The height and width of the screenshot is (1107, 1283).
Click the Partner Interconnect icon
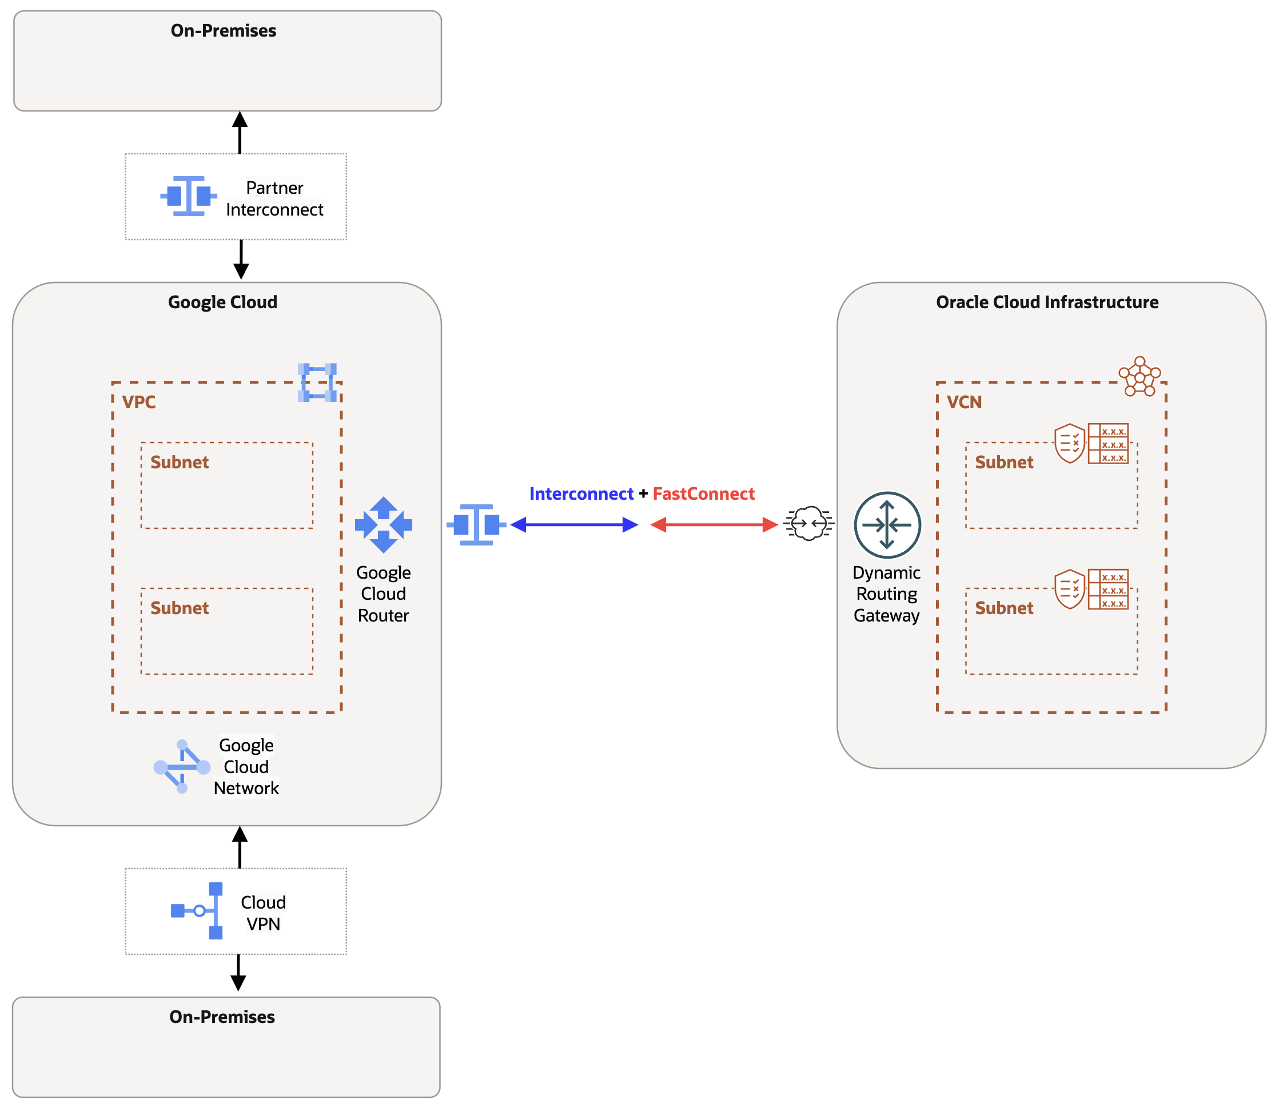188,196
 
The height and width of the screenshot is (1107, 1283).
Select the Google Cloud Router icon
383,524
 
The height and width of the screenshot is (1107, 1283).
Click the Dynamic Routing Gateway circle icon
887,524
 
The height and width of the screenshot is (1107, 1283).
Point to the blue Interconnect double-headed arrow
574,524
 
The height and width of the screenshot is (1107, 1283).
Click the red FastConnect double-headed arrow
714,524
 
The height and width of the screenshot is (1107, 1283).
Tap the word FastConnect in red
703,493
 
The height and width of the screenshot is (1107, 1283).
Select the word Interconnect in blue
581,493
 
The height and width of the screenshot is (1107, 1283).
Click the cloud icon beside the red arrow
808,524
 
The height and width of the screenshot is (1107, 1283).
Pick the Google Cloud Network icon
181,766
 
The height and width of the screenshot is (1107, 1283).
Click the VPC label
139,402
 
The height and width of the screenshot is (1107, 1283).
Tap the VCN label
964,402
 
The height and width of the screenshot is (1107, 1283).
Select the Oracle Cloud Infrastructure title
1046,302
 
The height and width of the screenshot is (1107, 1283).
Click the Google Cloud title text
222,302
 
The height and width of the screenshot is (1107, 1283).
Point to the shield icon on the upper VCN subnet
1069,443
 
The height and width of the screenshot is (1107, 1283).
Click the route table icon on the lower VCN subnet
1108,589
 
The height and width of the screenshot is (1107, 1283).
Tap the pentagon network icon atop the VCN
1139,376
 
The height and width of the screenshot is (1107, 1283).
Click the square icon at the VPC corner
317,383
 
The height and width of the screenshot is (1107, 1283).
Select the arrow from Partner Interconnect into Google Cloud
241,260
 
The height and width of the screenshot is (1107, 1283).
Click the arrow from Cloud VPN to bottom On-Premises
238,973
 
